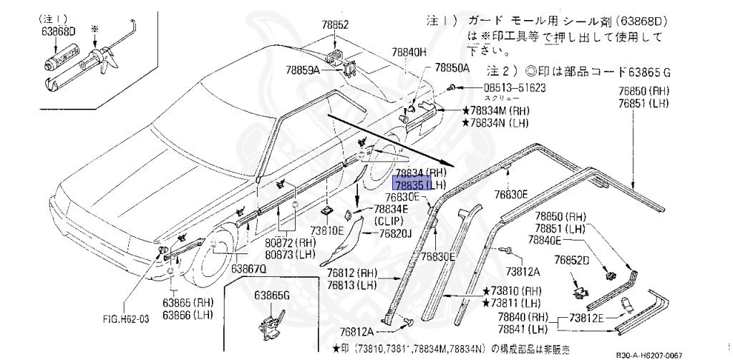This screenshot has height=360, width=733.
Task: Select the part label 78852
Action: [336, 24]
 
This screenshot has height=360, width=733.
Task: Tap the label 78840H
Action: [408, 52]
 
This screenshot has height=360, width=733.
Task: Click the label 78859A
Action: [304, 70]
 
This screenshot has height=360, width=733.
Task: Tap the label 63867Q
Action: [248, 268]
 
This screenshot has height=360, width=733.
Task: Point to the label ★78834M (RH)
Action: [501, 111]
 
